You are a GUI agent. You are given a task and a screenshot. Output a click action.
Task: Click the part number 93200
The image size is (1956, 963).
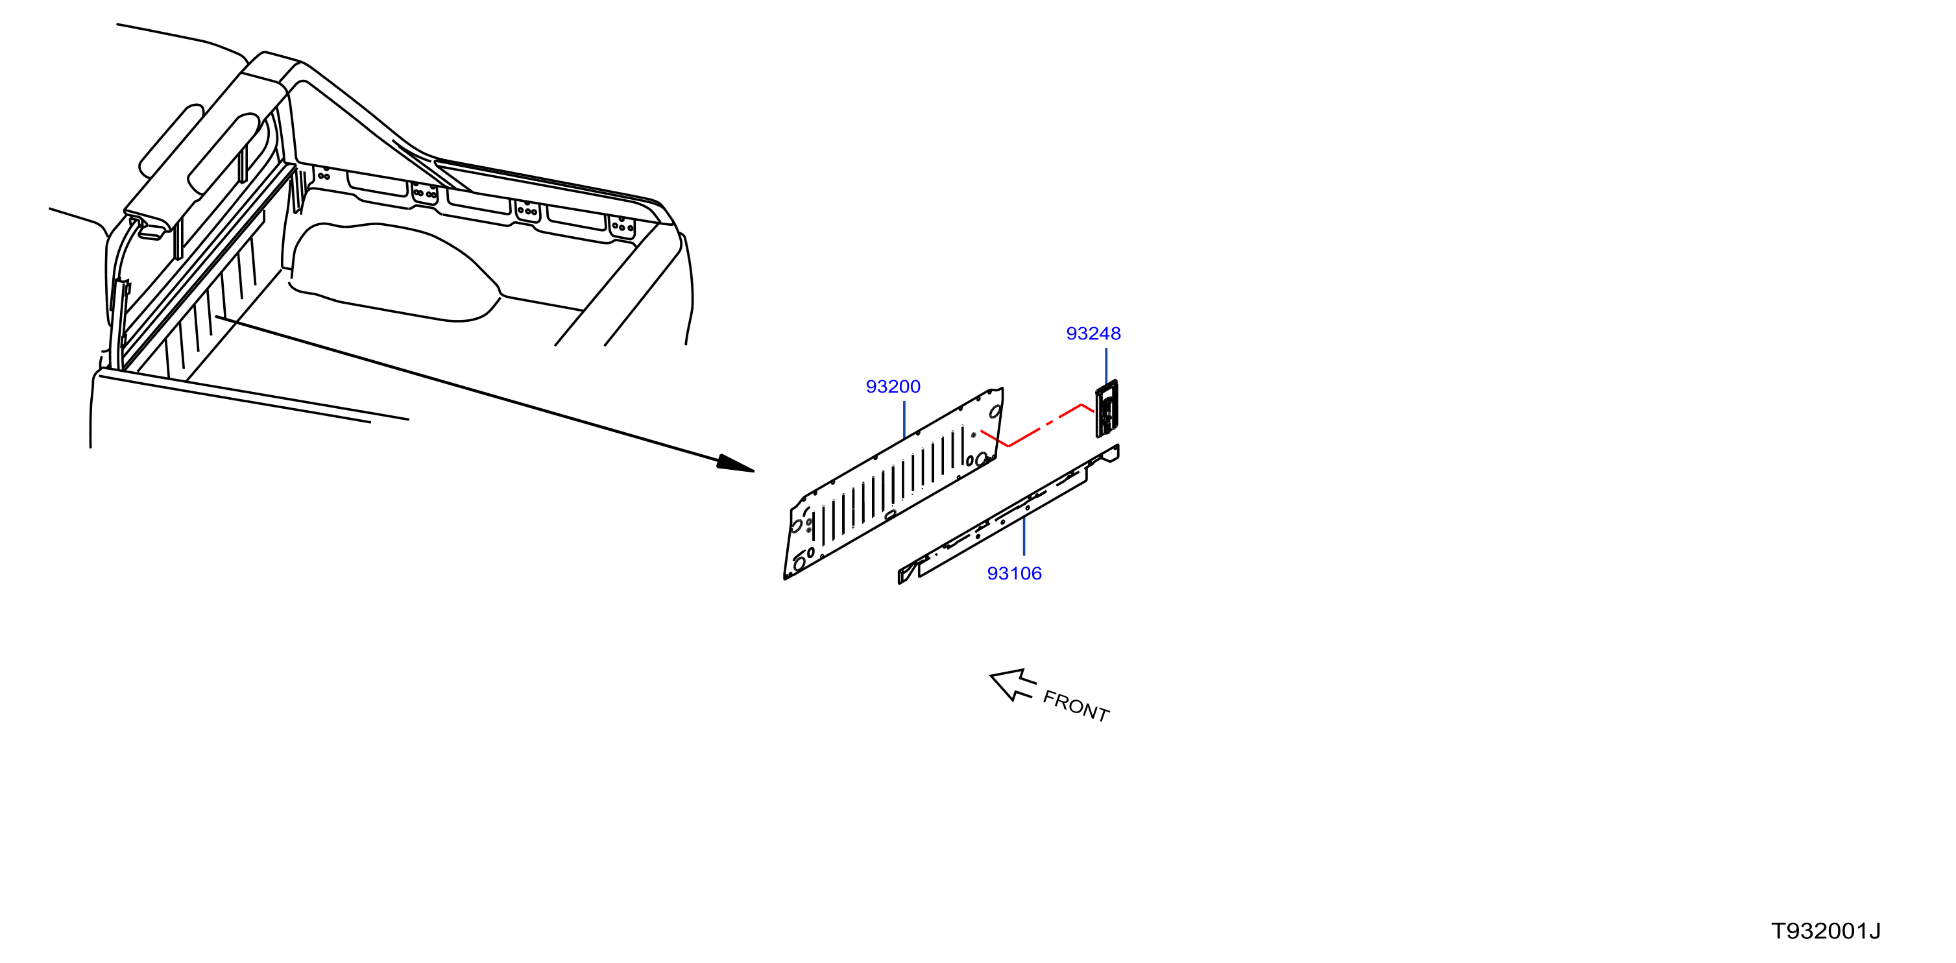click(893, 387)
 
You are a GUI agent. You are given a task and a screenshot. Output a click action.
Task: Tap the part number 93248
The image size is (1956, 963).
click(1093, 334)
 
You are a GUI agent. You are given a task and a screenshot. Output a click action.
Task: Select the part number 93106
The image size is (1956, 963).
click(1015, 574)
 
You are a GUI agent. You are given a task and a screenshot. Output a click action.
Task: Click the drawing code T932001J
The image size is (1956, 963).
click(1826, 931)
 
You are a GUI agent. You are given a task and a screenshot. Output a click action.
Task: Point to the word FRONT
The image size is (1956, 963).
click(1076, 706)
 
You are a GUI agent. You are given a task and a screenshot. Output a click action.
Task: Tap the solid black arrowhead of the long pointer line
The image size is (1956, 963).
click(736, 463)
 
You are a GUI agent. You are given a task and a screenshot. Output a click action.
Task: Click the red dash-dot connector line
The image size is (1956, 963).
click(1037, 427)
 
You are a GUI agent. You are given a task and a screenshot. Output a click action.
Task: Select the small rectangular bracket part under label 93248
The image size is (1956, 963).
click(1106, 409)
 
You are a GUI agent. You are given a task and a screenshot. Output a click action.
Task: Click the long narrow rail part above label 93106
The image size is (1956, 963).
click(1008, 515)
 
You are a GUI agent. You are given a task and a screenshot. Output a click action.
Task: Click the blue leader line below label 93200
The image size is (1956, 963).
click(904, 420)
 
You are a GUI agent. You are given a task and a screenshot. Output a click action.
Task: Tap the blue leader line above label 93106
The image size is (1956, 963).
click(1024, 536)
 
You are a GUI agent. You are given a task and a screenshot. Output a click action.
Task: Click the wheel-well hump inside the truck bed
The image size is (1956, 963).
click(395, 271)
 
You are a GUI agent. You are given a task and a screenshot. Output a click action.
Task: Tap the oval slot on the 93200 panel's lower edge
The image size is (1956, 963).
click(889, 516)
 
